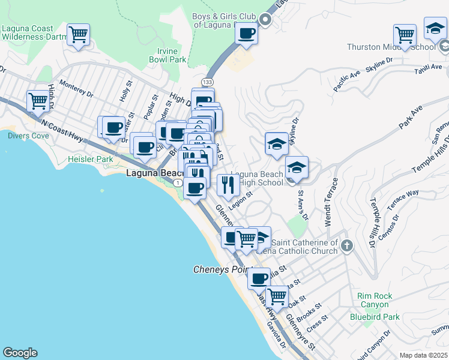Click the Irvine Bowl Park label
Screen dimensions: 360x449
point(167,55)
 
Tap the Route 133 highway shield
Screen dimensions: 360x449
point(208,82)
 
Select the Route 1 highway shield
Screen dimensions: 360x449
point(178,182)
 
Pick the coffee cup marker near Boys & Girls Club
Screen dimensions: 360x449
point(246,34)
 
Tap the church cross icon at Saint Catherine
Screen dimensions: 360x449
point(348,245)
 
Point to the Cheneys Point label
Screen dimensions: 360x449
point(219,269)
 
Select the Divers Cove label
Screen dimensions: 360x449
point(28,136)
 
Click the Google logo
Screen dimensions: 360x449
point(20,353)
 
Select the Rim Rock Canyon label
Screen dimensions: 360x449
point(374,300)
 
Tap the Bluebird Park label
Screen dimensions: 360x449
point(375,316)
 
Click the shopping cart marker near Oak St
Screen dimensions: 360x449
point(277,296)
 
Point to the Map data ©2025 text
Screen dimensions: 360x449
point(424,355)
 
